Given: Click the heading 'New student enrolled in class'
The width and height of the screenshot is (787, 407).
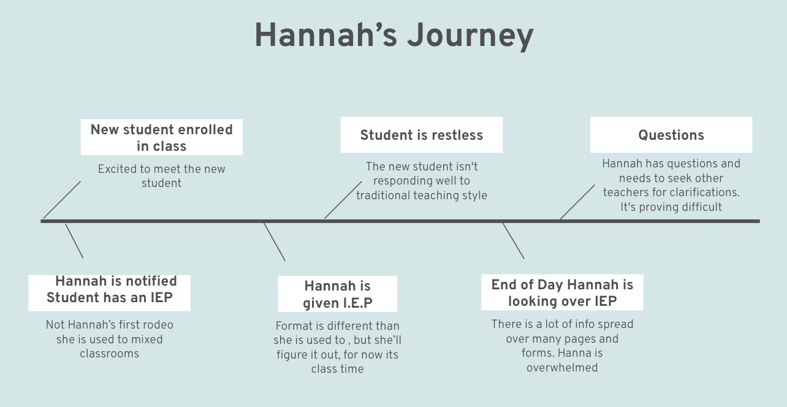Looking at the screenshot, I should point(162,137).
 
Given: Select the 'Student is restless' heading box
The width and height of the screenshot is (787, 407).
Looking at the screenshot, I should point(422,135).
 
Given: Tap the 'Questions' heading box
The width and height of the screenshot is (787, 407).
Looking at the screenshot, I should point(671,135).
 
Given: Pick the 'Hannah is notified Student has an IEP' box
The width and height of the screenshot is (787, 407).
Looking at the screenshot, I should point(110,289).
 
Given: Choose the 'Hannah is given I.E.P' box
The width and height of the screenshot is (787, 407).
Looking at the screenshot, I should point(338,294).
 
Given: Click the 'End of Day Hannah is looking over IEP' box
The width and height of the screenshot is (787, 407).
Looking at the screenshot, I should point(562,292).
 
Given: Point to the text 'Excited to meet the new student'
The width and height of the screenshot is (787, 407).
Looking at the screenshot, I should point(162,176).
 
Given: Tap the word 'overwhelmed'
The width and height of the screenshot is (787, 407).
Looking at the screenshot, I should point(562,368).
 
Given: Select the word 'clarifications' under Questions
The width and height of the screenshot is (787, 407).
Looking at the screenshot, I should point(703,192).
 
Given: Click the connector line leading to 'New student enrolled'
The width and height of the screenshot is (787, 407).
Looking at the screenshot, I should point(62,199).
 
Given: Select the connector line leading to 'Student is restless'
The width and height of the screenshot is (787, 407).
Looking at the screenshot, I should point(343,199).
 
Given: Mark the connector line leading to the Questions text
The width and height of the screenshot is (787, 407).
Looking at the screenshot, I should point(577,202).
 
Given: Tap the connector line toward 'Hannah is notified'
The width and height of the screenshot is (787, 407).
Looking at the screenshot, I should point(74,241).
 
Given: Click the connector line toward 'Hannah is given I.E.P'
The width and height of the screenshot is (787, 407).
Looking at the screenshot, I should point(274,242).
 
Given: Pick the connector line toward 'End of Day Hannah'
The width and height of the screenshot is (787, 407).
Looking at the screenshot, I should point(513,240).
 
